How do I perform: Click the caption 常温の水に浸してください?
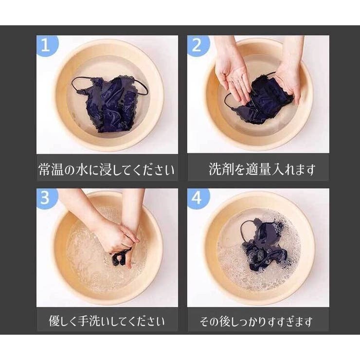click(107, 169)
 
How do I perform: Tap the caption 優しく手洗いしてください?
click(107, 321)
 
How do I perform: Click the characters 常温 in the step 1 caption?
click(51, 169)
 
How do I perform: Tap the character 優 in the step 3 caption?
click(54, 321)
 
